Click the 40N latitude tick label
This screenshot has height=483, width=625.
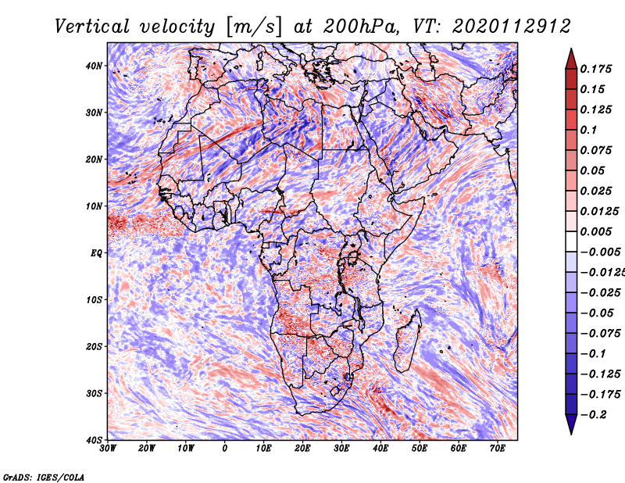[94, 66]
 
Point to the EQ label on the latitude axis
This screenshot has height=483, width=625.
[96, 253]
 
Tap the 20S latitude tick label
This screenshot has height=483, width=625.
[94, 346]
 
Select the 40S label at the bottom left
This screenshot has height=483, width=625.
[94, 440]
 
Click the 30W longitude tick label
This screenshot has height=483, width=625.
[108, 449]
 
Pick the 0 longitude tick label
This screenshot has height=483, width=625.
[225, 449]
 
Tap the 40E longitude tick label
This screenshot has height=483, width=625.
[380, 449]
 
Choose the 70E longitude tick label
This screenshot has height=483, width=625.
[498, 449]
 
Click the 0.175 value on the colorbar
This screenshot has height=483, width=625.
[595, 69]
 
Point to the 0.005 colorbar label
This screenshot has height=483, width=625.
[595, 231]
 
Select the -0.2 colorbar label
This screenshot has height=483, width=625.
[593, 414]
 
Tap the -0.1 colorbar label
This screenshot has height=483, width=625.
[593, 353]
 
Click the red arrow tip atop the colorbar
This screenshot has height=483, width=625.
[571, 49]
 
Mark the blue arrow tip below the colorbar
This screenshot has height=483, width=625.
[571, 434]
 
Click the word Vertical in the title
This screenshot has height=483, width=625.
[92, 27]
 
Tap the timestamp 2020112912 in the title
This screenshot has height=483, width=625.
[512, 27]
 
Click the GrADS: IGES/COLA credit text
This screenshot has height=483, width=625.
[44, 477]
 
